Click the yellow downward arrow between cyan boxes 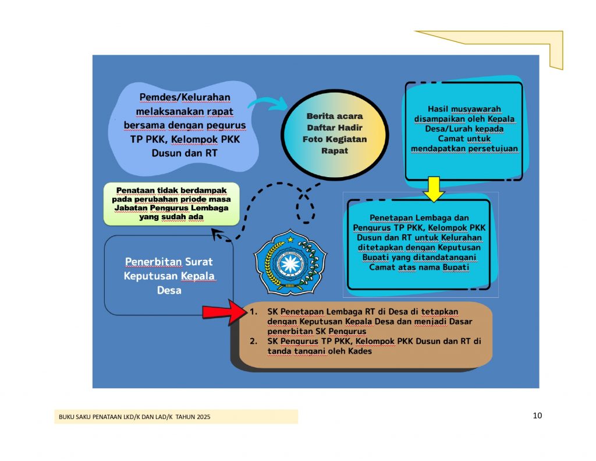click(434, 189)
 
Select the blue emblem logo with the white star click(290, 262)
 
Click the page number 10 click(537, 416)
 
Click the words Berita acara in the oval click(335, 116)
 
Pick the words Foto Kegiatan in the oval click(335, 139)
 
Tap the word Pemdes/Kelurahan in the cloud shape click(185, 97)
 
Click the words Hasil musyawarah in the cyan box click(464, 109)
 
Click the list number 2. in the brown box click(254, 341)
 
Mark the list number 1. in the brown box click(254, 311)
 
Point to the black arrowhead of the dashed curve click(217, 234)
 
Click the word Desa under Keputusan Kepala click(169, 290)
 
